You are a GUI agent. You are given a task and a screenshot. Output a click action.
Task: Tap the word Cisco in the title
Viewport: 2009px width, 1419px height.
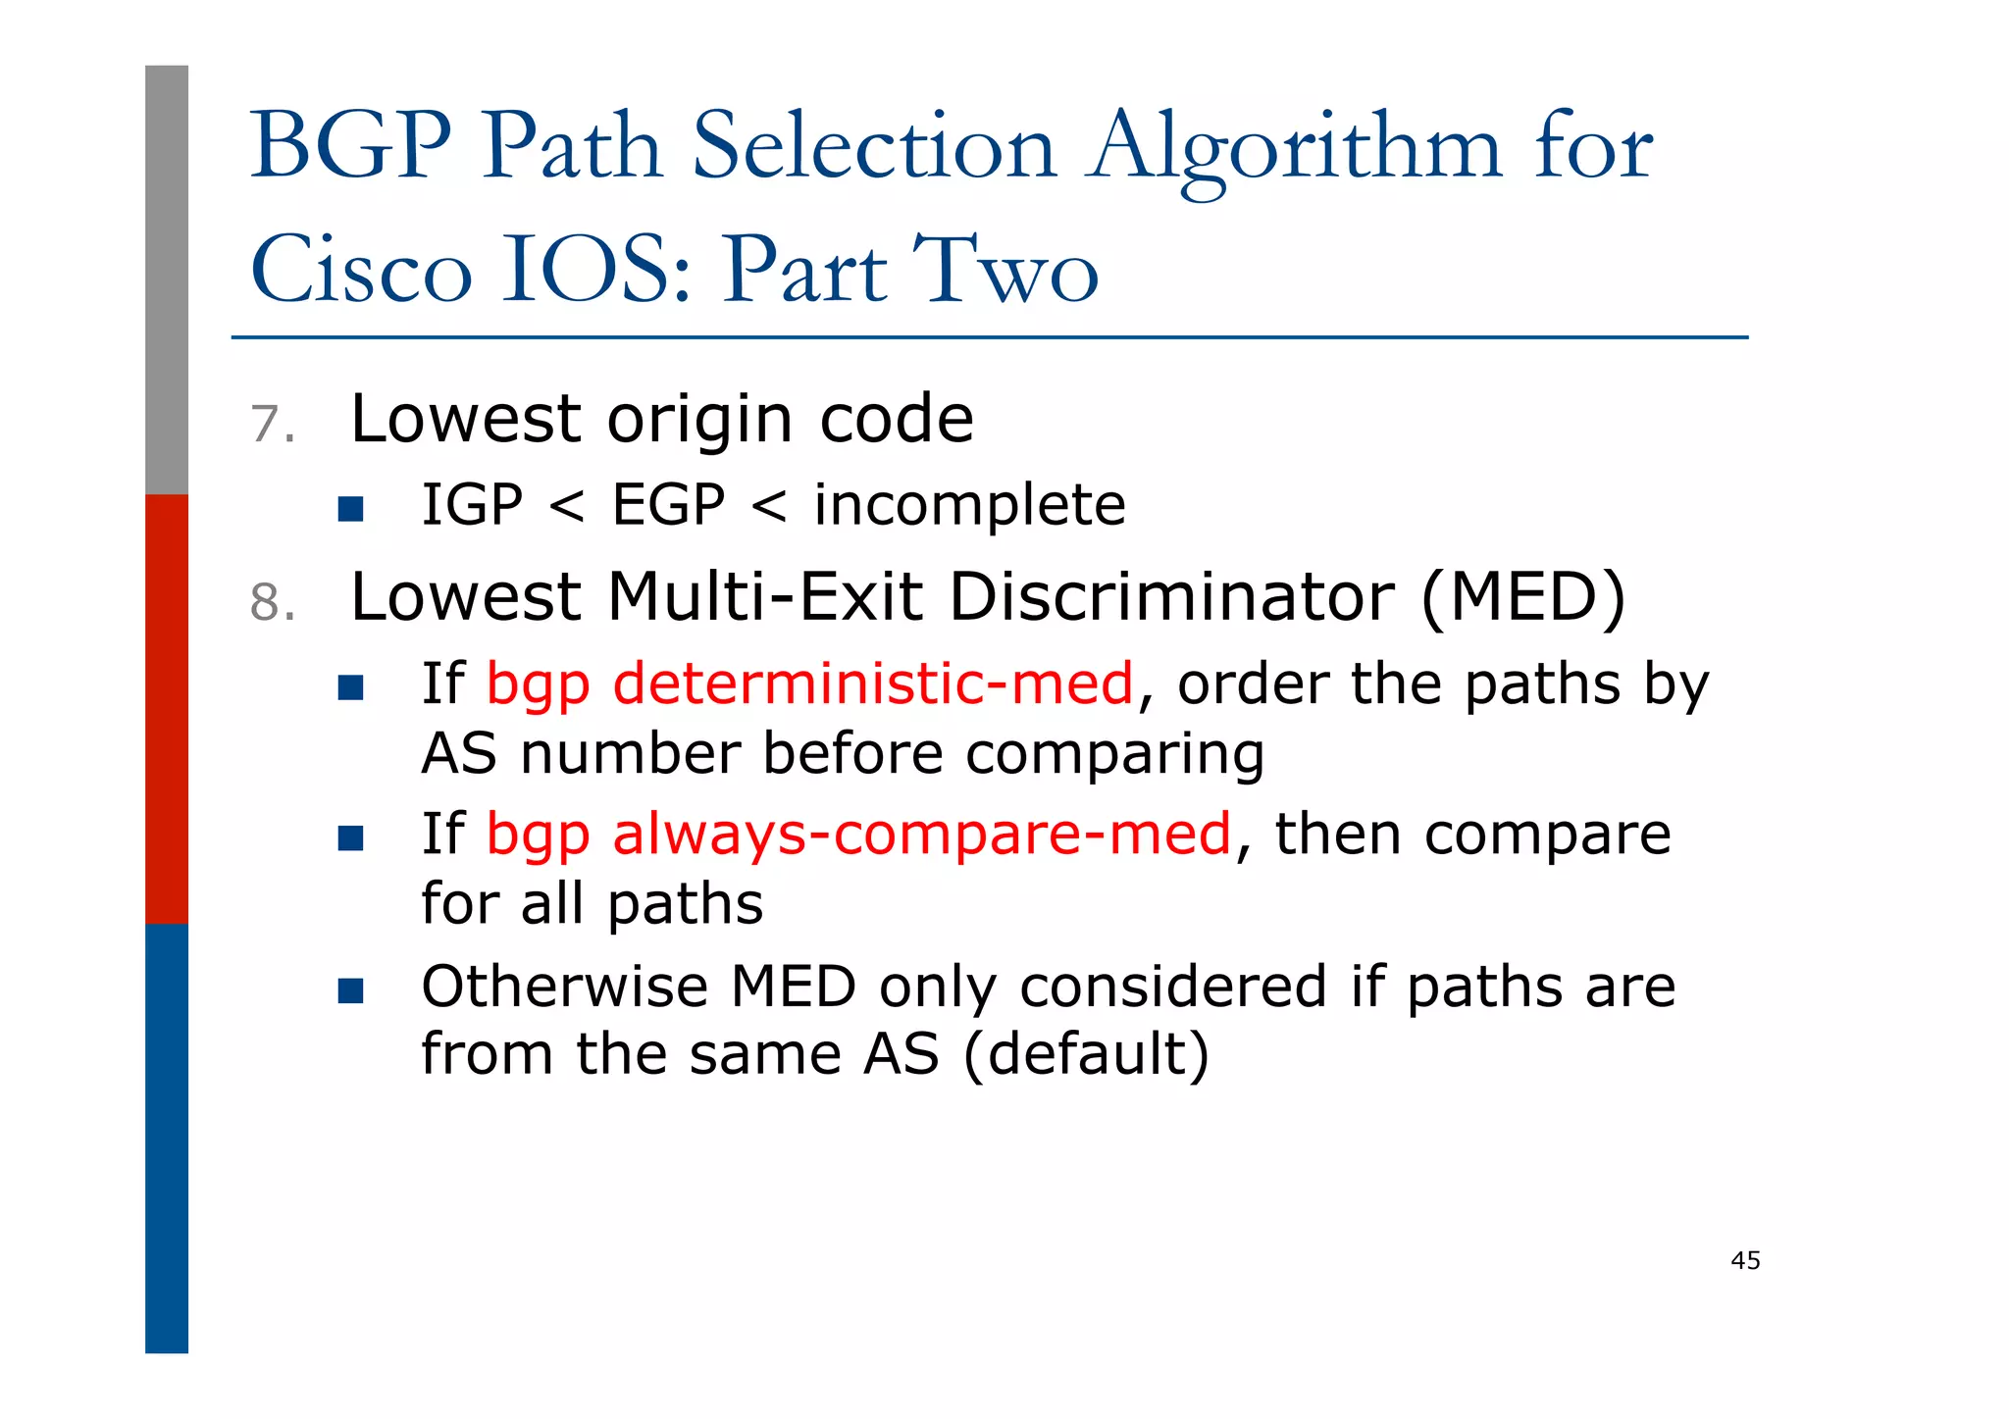pyautogui.click(x=361, y=270)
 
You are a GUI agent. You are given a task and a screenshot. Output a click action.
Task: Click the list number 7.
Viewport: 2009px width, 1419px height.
pyautogui.click(x=272, y=425)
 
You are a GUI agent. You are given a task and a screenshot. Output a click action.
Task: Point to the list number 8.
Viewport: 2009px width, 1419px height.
pyautogui.click(x=272, y=602)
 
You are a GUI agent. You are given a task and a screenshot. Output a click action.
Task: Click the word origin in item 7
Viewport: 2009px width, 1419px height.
pyautogui.click(x=699, y=421)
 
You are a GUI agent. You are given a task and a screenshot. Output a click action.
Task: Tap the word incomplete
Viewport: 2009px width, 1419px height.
pyautogui.click(x=969, y=505)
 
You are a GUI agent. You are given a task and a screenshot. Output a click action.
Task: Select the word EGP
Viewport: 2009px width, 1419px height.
pyautogui.click(x=668, y=505)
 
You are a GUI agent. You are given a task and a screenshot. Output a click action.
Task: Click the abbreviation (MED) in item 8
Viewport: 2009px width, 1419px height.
pyautogui.click(x=1522, y=596)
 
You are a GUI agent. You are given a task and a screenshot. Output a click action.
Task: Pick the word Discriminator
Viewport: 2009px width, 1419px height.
pyautogui.click(x=1172, y=596)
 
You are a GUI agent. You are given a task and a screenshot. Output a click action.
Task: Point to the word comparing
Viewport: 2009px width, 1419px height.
pyautogui.click(x=1114, y=754)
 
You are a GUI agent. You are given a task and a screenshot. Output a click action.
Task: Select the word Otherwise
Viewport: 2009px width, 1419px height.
pyautogui.click(x=564, y=987)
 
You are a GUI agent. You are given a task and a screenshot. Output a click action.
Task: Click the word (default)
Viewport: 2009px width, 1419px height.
pyautogui.click(x=1086, y=1054)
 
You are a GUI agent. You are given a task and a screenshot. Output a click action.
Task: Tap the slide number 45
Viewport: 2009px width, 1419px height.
pyautogui.click(x=1745, y=1261)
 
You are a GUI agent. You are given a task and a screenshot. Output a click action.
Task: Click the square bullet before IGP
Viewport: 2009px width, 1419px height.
pyautogui.click(x=350, y=508)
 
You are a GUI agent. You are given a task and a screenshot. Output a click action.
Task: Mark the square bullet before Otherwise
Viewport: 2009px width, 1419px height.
pyautogui.click(x=350, y=990)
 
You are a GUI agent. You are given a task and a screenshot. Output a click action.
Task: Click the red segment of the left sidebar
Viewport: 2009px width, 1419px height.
pyautogui.click(x=167, y=708)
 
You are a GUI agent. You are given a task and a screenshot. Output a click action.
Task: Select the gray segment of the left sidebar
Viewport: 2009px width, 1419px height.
pyautogui.click(x=167, y=279)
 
